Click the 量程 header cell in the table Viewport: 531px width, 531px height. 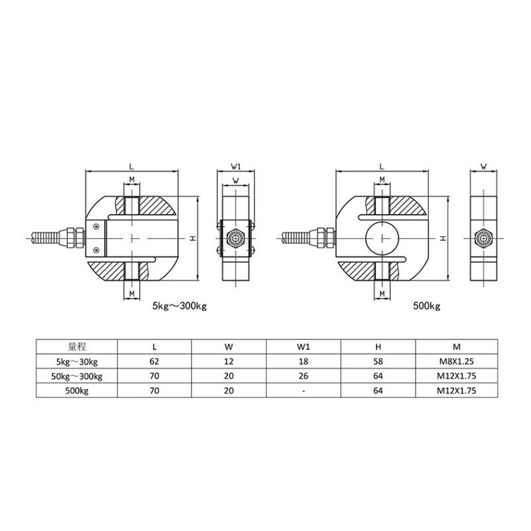77,347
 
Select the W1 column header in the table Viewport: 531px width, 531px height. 304,347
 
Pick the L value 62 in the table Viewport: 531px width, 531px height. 154,361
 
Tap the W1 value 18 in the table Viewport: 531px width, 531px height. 304,361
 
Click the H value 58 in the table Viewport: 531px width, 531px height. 378,361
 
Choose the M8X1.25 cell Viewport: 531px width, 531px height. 457,361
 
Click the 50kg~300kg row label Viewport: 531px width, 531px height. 77,377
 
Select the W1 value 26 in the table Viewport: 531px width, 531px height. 304,376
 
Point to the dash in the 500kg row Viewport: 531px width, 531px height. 304,391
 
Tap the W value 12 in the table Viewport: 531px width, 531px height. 229,361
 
